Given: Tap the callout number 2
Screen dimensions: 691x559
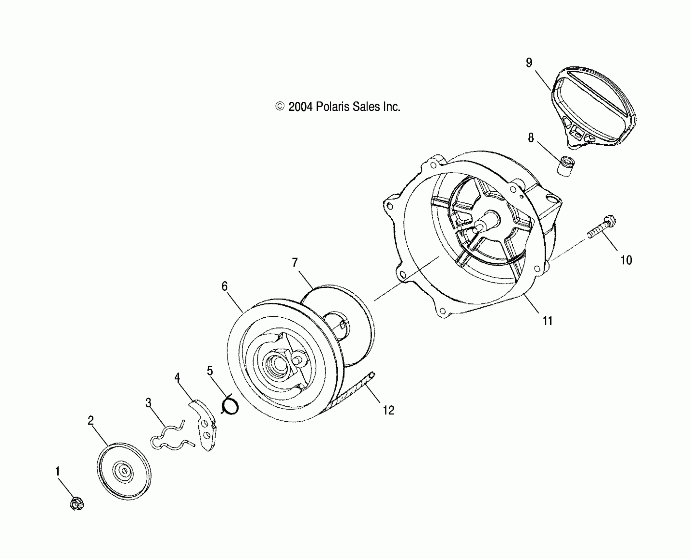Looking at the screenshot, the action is click(90, 421).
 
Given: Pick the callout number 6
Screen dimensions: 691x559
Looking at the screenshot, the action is click(224, 286).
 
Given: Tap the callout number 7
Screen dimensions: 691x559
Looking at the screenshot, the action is click(294, 262).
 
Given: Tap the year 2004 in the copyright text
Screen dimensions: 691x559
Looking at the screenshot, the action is click(300, 107).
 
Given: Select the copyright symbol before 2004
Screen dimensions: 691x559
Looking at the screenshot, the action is click(280, 107).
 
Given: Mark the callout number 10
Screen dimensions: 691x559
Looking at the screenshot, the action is click(626, 260).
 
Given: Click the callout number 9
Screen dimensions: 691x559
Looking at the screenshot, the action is click(529, 62).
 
